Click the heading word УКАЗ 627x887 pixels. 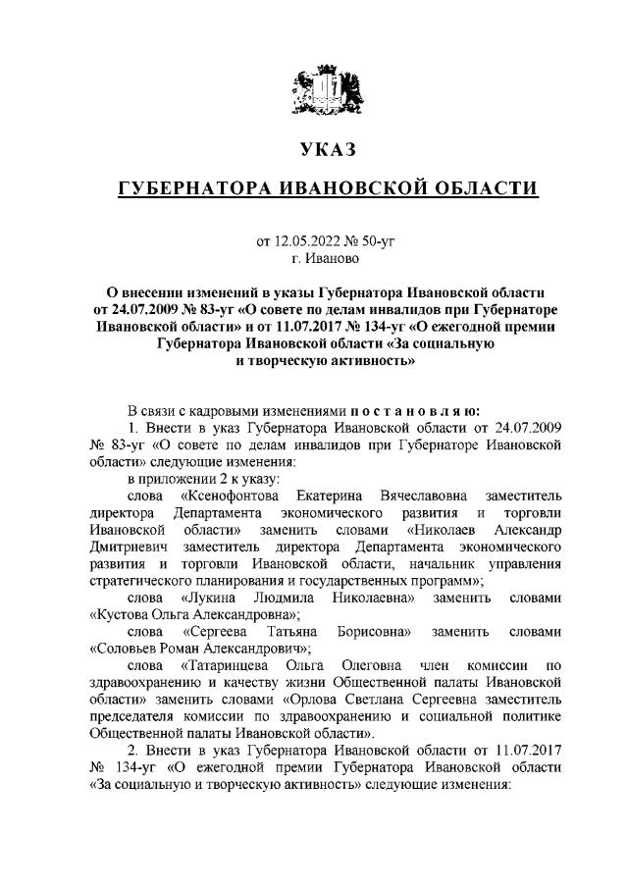(x=313, y=150)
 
